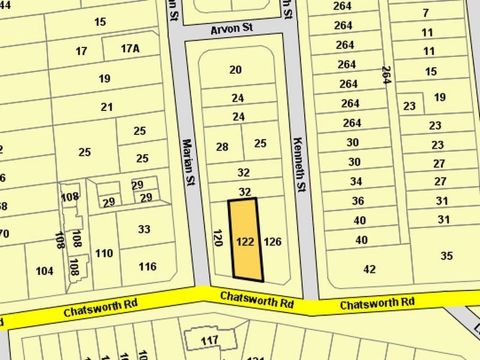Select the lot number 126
[272, 242]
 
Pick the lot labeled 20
[235, 70]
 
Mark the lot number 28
[222, 147]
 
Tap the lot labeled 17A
[130, 49]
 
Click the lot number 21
[107, 107]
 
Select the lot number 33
[144, 229]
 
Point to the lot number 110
[104, 254]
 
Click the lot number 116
[147, 266]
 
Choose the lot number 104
[44, 271]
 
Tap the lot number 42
[370, 269]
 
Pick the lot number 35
[446, 256]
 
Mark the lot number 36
[358, 201]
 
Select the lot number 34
[356, 181]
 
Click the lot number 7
[426, 13]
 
